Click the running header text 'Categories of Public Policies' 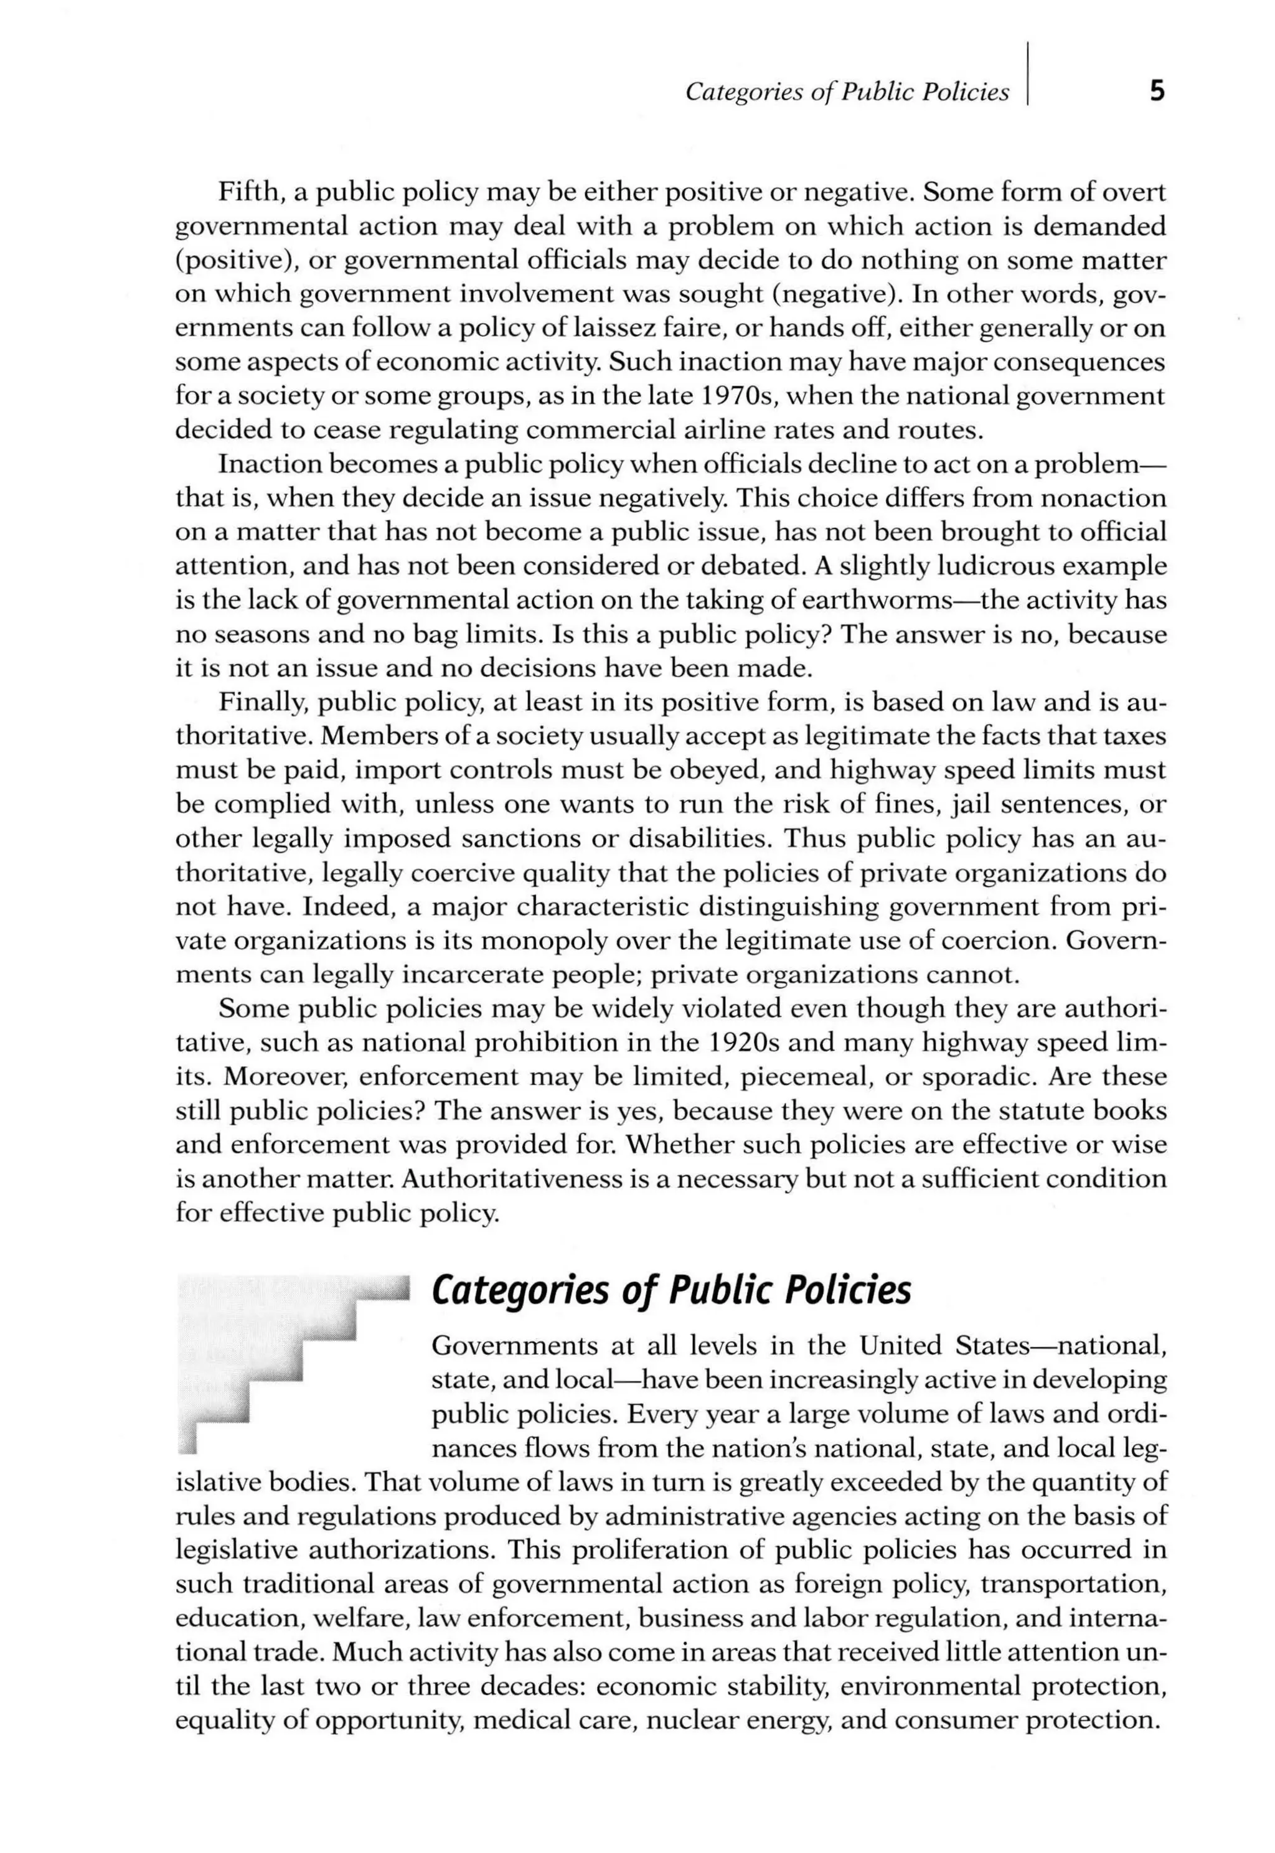(847, 93)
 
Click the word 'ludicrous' (999, 566)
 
